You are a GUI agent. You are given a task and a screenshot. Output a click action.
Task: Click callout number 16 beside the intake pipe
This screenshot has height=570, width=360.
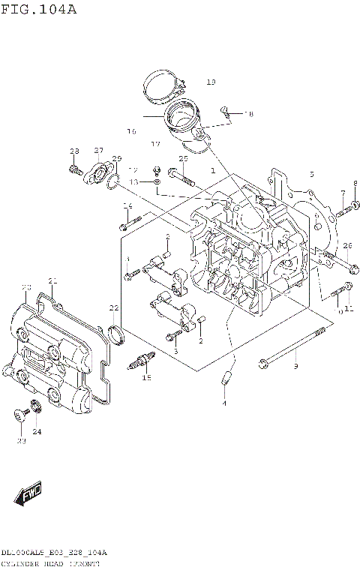coord(131,131)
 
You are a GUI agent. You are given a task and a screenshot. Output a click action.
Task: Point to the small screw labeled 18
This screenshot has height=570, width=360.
coord(225,112)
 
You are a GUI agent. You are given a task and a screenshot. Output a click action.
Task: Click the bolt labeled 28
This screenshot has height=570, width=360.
coord(73,170)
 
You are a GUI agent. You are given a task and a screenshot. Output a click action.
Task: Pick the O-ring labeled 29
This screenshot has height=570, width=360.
coord(113,180)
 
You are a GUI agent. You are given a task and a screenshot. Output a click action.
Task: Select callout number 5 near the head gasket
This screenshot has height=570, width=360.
coord(311,174)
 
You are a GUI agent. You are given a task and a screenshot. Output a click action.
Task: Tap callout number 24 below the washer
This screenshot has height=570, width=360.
coord(37,431)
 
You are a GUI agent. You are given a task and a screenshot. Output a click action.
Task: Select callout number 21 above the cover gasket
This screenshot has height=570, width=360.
coord(52,281)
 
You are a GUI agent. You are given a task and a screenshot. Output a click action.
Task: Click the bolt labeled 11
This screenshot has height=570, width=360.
coord(346,288)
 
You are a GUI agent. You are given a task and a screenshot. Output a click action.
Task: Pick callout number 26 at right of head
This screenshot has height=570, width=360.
coord(347,246)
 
